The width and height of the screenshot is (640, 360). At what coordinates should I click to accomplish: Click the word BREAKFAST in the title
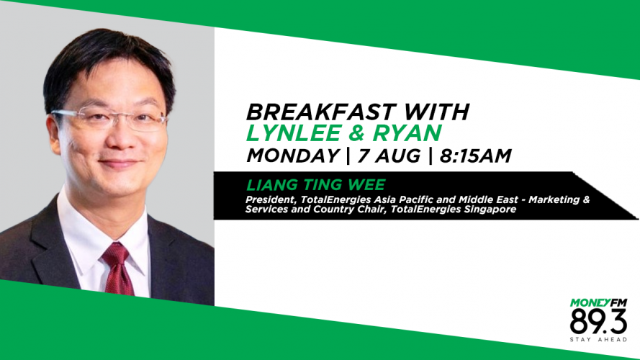[321, 112]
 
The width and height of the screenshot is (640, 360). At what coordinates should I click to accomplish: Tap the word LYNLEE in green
[294, 133]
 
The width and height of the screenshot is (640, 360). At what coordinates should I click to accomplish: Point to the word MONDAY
[293, 156]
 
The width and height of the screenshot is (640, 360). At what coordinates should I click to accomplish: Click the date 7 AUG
[389, 156]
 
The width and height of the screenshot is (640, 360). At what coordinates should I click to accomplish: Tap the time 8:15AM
[475, 156]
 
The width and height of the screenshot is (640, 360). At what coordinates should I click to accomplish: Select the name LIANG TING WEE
[315, 185]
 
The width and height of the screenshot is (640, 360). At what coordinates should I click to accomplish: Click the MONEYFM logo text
[598, 303]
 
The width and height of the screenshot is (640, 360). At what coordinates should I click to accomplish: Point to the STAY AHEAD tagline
[598, 340]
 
